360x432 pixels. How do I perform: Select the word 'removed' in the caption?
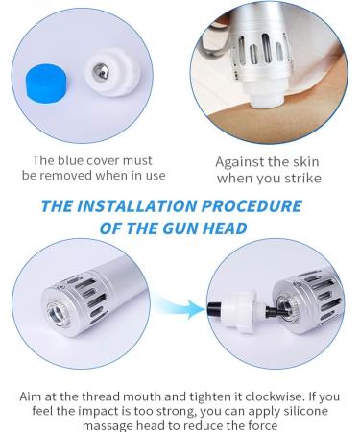(x=89, y=178)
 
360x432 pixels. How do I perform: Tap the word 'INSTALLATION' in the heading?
(x=146, y=205)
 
